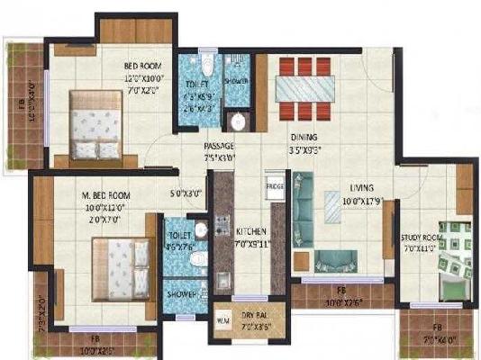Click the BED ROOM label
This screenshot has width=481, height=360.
point(143,66)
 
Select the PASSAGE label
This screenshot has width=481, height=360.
point(220,146)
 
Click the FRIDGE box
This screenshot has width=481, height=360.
point(275,187)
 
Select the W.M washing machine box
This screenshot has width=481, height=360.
point(223,317)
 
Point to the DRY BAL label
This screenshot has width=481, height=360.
point(256,314)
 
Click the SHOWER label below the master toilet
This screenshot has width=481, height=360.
point(180,294)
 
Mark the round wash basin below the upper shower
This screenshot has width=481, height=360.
point(238,123)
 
